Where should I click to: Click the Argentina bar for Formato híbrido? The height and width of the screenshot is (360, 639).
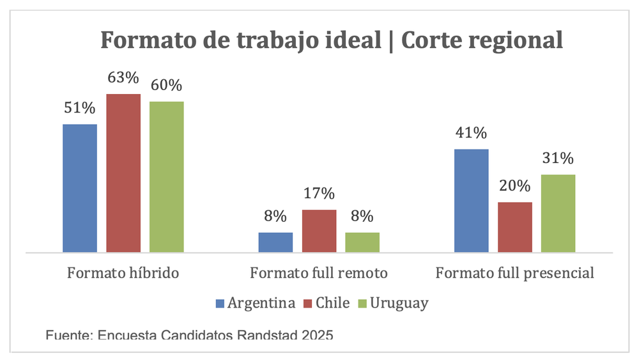point(80,189)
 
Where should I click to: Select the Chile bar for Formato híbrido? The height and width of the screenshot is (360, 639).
point(123,173)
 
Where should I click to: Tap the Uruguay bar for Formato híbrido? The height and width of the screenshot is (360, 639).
point(167,177)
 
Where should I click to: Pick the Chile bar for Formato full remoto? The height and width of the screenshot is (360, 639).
point(319,231)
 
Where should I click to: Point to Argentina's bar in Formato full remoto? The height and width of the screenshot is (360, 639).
point(275,242)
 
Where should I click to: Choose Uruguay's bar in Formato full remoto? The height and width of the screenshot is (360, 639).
point(362,242)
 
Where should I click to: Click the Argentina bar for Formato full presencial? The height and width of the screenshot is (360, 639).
point(472,201)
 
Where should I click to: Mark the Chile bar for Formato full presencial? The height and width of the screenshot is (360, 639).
point(515,228)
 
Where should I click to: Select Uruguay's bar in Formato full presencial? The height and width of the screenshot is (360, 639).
point(558,214)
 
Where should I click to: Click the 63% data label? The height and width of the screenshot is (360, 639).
point(123,77)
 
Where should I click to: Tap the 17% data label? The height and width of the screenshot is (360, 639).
point(319,193)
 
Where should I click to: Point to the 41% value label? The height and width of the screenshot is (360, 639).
point(472,133)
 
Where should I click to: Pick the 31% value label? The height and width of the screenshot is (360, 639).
point(558,158)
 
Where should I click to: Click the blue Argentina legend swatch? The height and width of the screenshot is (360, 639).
point(220,304)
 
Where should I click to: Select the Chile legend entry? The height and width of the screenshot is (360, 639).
point(327,303)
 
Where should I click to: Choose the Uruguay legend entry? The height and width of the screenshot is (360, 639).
point(393,304)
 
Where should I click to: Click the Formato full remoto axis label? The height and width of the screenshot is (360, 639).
point(319,273)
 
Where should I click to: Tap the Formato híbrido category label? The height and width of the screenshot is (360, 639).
point(123,273)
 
